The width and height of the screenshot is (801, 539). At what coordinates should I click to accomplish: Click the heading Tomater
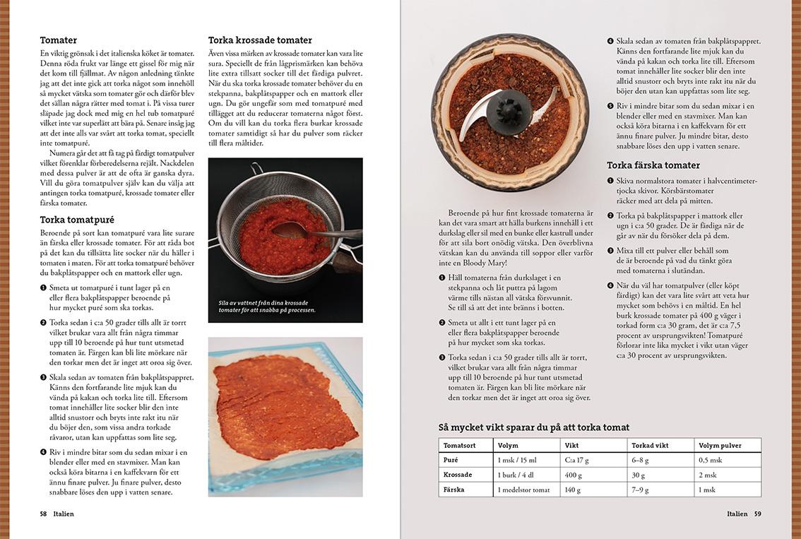click(x=59, y=40)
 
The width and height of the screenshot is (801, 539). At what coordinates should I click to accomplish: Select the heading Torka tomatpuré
click(x=77, y=220)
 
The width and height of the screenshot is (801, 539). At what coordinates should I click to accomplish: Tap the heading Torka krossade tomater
click(x=260, y=40)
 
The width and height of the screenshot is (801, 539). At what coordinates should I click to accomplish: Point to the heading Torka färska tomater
click(x=653, y=165)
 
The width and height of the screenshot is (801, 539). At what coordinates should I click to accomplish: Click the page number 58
click(x=43, y=514)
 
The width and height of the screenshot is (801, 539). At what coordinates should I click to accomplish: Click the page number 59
click(x=757, y=514)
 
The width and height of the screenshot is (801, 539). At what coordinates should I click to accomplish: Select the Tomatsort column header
click(x=459, y=445)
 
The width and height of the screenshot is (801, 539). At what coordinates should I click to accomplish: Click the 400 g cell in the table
click(x=574, y=475)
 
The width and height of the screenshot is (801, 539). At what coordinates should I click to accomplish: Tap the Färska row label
click(x=454, y=490)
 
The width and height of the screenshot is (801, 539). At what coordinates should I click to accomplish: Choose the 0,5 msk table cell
click(x=711, y=460)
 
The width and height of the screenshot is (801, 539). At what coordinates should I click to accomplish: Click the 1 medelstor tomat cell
click(x=523, y=490)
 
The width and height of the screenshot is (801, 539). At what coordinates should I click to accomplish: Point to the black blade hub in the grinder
click(x=509, y=111)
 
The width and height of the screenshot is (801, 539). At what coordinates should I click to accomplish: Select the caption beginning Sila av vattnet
click(x=267, y=305)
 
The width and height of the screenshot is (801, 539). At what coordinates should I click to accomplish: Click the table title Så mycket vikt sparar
click(x=533, y=427)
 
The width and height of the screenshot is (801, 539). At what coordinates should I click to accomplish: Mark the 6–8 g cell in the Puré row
click(x=641, y=460)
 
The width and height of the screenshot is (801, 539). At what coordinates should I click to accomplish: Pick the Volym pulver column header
click(x=719, y=445)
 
